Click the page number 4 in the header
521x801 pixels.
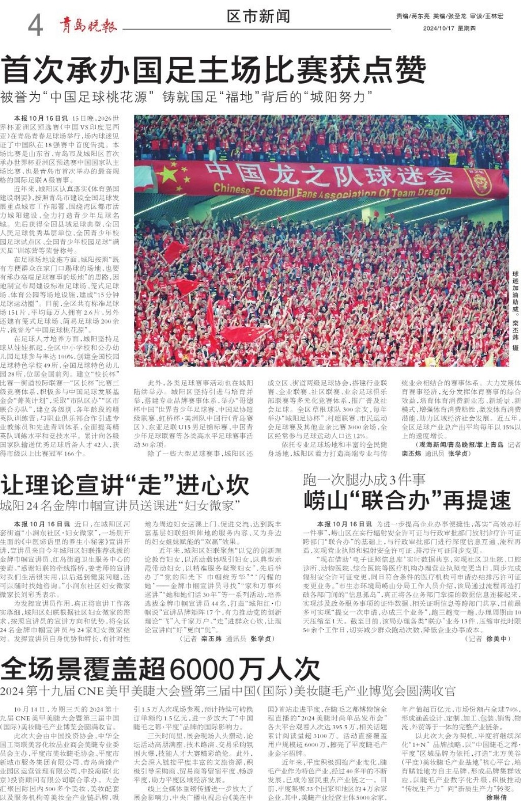[x=35, y=25]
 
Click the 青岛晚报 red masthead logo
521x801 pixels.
[x=88, y=25]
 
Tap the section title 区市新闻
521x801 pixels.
[x=258, y=16]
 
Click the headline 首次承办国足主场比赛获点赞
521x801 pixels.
[x=214, y=70]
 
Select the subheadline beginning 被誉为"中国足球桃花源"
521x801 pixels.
[x=186, y=97]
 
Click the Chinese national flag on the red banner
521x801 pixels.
[x=168, y=175]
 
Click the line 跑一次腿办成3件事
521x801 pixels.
[x=364, y=479]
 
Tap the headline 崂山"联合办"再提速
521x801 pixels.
[x=407, y=500]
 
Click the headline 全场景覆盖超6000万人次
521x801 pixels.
[x=160, y=669]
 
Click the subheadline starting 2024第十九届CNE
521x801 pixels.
[x=228, y=691]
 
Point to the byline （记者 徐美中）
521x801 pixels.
[x=488, y=638]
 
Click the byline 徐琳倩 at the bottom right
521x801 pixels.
[x=497, y=797]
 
